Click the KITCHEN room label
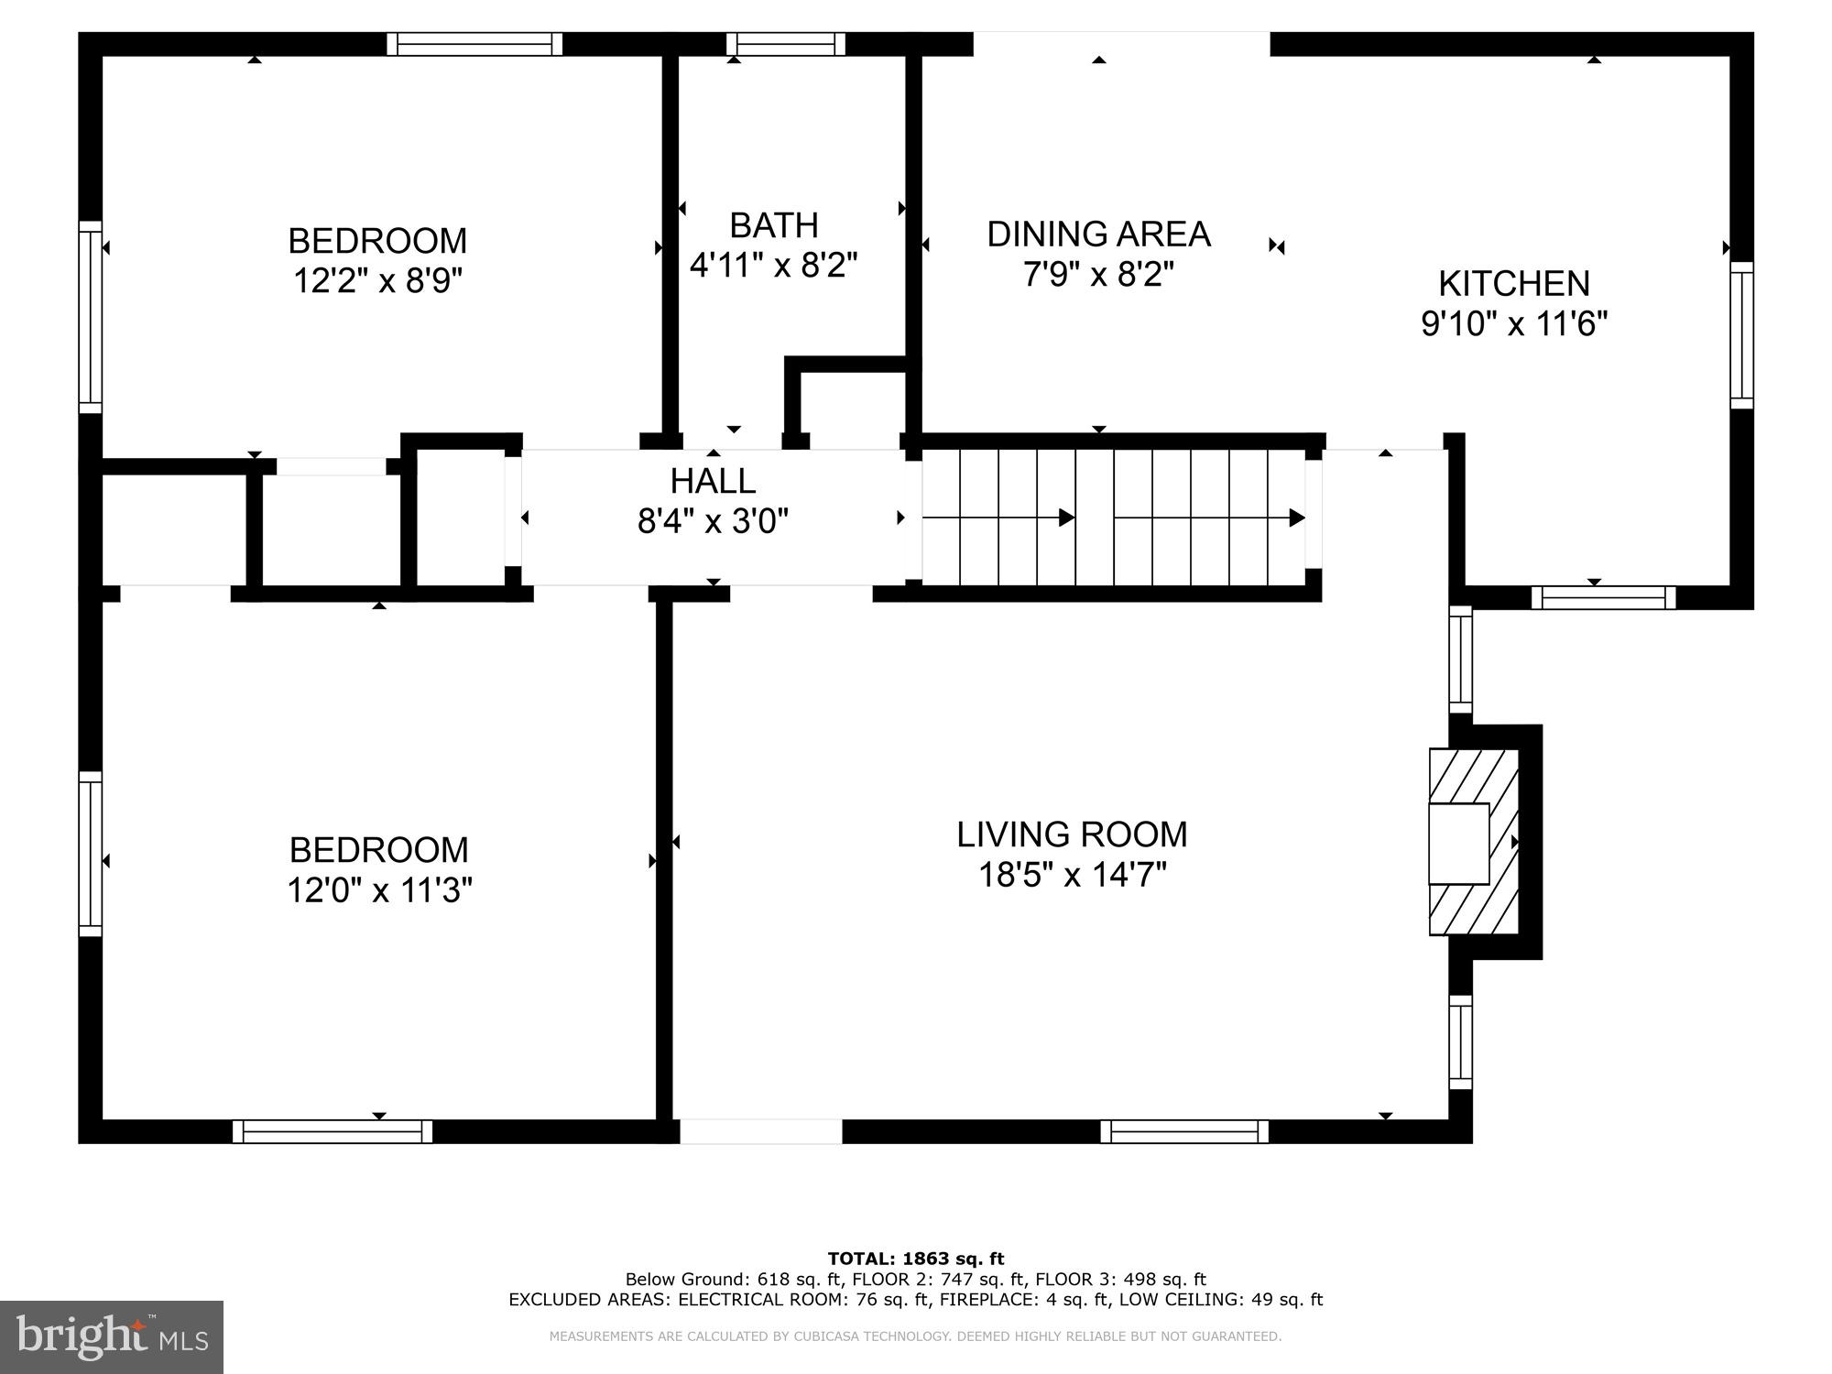click(x=1513, y=284)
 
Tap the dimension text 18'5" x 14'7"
click(x=1072, y=876)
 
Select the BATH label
click(x=774, y=225)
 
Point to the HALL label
click(x=713, y=481)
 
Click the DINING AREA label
click(x=1098, y=234)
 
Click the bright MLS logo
click(x=111, y=1336)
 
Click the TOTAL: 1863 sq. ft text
click(x=916, y=1259)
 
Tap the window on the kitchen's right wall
click(x=1741, y=335)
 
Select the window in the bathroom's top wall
click(x=786, y=44)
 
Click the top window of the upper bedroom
click(x=474, y=44)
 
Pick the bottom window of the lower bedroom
click(x=333, y=1131)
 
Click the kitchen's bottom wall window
click(x=1603, y=598)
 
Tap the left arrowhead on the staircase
click(x=1066, y=518)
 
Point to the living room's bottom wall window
click(x=1184, y=1131)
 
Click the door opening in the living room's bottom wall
click(x=760, y=1131)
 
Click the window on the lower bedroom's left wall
click(x=90, y=854)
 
